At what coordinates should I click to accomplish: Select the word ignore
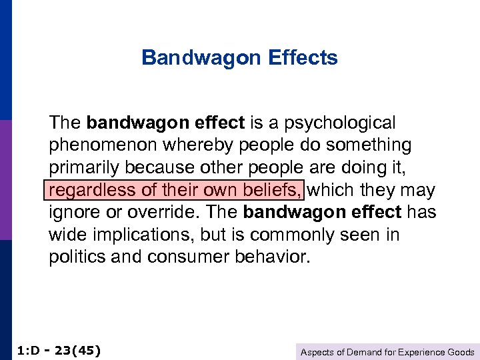71,213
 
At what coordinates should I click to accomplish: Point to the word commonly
297,235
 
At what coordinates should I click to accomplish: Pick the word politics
75,258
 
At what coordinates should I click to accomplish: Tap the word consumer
176,258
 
